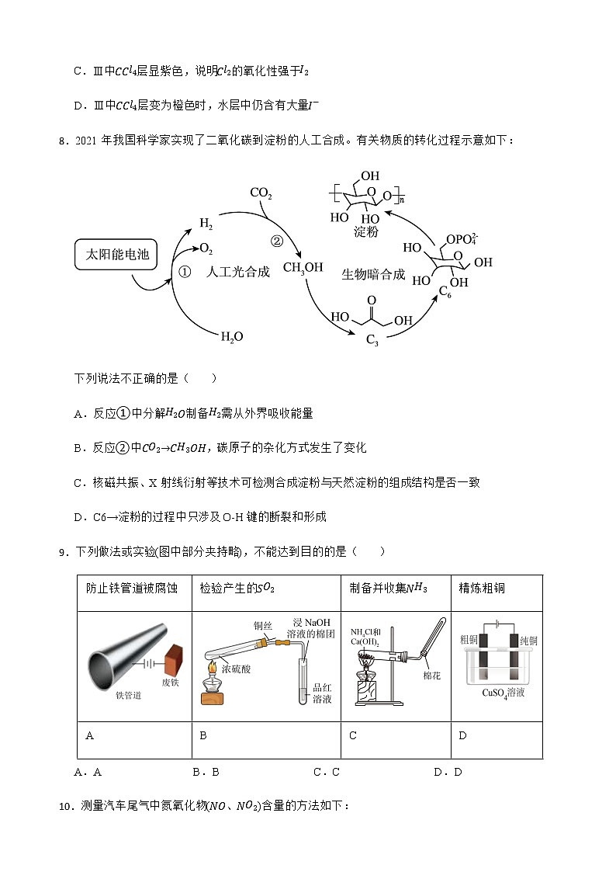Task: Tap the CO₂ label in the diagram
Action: point(261,193)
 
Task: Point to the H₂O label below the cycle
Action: point(232,336)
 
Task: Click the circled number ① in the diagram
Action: point(185,272)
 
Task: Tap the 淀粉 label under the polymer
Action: point(365,232)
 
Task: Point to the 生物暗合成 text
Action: point(373,275)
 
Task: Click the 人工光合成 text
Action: point(239,272)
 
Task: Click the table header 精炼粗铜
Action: point(482,588)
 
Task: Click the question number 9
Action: point(63,552)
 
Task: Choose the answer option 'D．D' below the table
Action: point(448,772)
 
